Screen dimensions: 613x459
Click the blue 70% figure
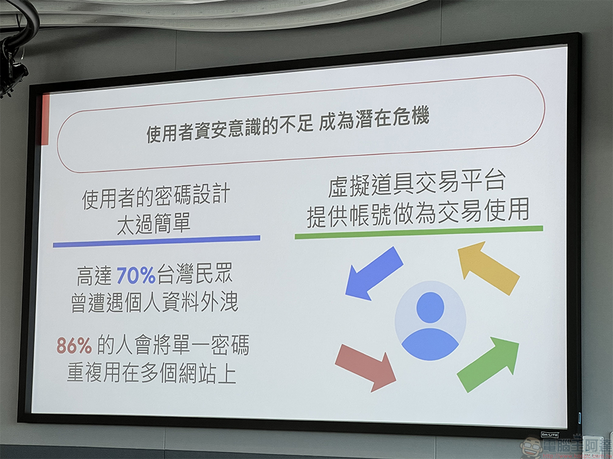tap(136, 275)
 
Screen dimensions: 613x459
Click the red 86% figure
tap(74, 345)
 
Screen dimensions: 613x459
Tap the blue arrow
tap(374, 274)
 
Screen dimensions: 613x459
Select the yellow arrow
tap(489, 268)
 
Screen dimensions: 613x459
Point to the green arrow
tap(489, 364)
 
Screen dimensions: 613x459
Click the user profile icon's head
tap(430, 307)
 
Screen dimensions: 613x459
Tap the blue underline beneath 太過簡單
tap(156, 241)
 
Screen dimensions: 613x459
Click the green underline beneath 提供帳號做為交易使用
tap(419, 232)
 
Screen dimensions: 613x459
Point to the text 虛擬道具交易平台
tap(417, 182)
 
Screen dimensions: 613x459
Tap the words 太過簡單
tap(154, 223)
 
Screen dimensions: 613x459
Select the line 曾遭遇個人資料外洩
tap(154, 302)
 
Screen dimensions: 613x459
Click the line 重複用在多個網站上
tap(151, 373)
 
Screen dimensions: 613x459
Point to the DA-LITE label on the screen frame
tap(550, 435)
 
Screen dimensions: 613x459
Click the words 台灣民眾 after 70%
tap(195, 274)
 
